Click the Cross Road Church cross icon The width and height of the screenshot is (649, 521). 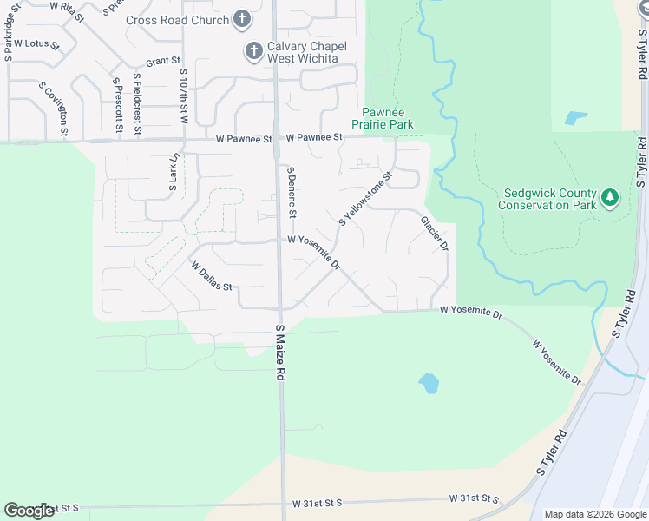[242, 19]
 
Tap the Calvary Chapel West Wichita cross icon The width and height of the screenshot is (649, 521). [254, 51]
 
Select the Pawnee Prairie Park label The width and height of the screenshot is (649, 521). [388, 119]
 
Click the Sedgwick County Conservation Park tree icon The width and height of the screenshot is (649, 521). [610, 199]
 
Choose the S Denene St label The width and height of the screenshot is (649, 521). [292, 193]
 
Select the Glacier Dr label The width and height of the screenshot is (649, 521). [434, 234]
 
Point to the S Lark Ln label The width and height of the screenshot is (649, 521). [174, 172]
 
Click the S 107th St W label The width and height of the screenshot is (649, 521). [184, 96]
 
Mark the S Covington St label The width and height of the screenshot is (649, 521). [64, 109]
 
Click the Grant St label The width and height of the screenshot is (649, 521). [162, 62]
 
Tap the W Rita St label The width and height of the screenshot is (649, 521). [69, 6]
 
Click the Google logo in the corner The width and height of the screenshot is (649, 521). [29, 511]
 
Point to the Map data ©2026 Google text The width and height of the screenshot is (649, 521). [594, 514]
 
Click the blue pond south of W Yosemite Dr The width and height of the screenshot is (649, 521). [428, 383]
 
